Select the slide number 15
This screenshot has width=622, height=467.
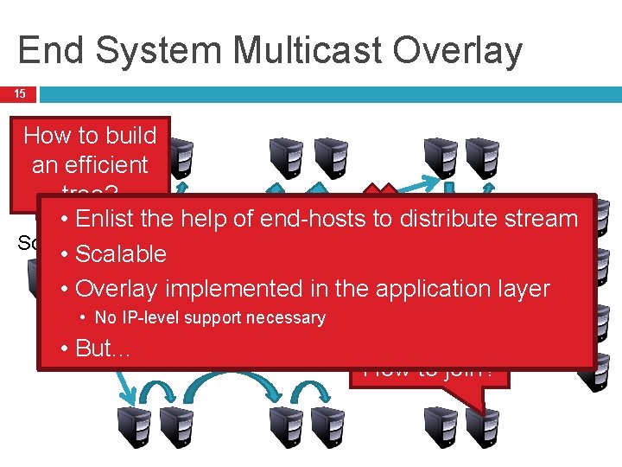pos(19,93)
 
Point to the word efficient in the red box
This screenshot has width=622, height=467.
pos(90,164)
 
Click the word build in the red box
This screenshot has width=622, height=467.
pos(129,136)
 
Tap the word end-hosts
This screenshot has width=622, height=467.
pos(301,219)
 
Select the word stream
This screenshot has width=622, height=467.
pos(542,219)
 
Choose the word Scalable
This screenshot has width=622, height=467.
pos(121,253)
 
